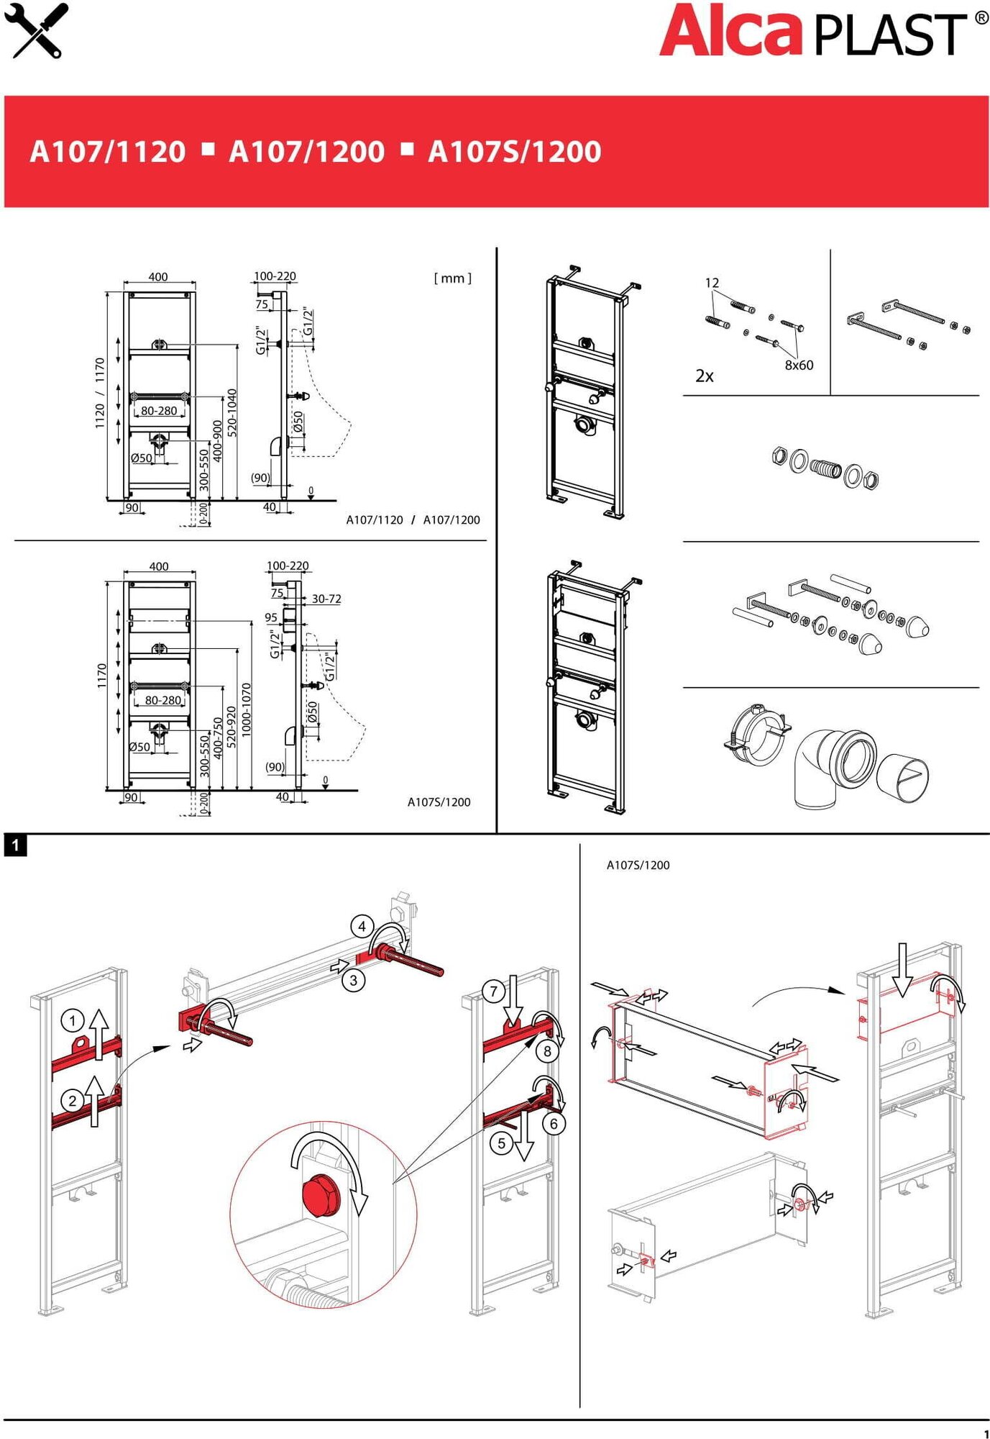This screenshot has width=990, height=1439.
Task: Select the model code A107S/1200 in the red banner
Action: pyautogui.click(x=514, y=152)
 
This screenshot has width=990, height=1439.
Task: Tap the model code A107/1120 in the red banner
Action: pyautogui.click(x=108, y=152)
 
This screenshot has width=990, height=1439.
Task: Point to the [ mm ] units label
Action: pyautogui.click(x=452, y=278)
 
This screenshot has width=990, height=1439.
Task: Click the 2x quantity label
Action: pyautogui.click(x=705, y=376)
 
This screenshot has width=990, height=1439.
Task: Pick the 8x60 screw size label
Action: pyautogui.click(x=799, y=366)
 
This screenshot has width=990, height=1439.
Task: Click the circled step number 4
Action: pyautogui.click(x=362, y=927)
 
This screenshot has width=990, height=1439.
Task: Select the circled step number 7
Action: pyautogui.click(x=494, y=991)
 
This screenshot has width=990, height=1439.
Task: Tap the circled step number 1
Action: pyautogui.click(x=72, y=1020)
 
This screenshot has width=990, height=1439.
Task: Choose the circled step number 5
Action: pyautogui.click(x=502, y=1143)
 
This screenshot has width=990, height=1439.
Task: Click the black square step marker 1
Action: pyautogui.click(x=15, y=845)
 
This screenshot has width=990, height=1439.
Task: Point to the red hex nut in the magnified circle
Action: pyautogui.click(x=321, y=1195)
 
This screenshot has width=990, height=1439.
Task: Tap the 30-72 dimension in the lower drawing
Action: pyautogui.click(x=326, y=599)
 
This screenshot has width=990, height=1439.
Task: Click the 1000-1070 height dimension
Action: pyautogui.click(x=247, y=709)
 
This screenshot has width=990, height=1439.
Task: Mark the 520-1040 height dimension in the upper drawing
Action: pyautogui.click(x=232, y=413)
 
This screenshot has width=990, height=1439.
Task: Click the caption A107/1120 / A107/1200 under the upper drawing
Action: pyautogui.click(x=413, y=520)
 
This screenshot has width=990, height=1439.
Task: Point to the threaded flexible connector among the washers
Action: pyautogui.click(x=825, y=468)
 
